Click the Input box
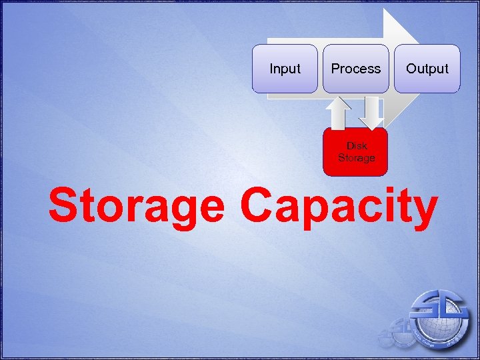pos(285,69)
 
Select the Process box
pos(356,69)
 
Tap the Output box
pos(427,69)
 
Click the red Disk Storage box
pos(355,152)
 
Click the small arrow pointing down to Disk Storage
pos(372,112)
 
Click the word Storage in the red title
pos(136,207)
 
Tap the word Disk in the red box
pos(357,146)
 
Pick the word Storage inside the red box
pos(357,158)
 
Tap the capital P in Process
pos(335,69)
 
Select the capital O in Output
pos(411,69)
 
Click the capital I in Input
pos(271,69)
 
